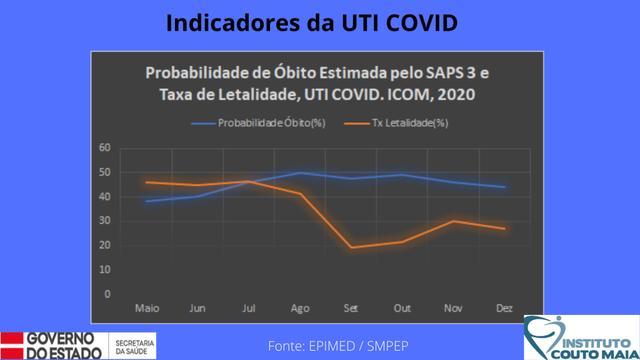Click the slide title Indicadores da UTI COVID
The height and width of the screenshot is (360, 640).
coord(312,23)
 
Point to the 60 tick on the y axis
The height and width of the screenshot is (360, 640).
coord(105,147)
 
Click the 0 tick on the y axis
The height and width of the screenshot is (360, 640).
coord(107,294)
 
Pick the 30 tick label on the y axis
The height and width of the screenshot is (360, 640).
coord(105,221)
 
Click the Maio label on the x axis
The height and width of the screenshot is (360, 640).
coord(147,308)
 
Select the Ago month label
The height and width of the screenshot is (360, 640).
coord(300,309)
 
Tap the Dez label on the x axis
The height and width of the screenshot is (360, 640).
coord(504,308)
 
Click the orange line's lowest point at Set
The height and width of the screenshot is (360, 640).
coord(351,247)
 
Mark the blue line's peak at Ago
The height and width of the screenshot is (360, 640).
coord(301,172)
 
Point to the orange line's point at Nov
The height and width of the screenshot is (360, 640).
coord(454,221)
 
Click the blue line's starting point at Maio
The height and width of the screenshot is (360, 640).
coord(146,201)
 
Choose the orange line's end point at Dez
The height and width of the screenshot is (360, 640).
coord(505,229)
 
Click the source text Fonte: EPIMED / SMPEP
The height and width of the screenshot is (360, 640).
coord(338,346)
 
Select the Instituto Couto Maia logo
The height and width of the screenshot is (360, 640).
coord(582,337)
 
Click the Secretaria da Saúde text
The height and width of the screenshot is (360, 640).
coord(135,347)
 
